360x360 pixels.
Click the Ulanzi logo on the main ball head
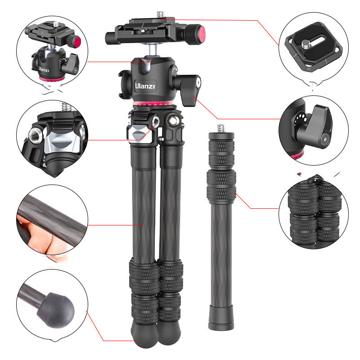click(x=145, y=86)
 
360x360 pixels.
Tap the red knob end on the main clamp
click(x=201, y=34)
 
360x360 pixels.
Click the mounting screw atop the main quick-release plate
click(x=160, y=15)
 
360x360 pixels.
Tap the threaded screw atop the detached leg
click(x=221, y=128)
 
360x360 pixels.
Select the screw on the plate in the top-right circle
click(x=306, y=44)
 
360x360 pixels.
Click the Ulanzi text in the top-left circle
click(x=44, y=69)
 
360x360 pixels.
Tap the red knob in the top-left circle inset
click(x=77, y=42)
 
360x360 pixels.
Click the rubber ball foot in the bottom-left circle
click(x=56, y=310)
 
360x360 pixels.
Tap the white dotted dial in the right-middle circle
click(x=299, y=119)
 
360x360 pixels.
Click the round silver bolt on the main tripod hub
click(x=173, y=120)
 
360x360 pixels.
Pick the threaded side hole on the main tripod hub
click(x=156, y=121)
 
